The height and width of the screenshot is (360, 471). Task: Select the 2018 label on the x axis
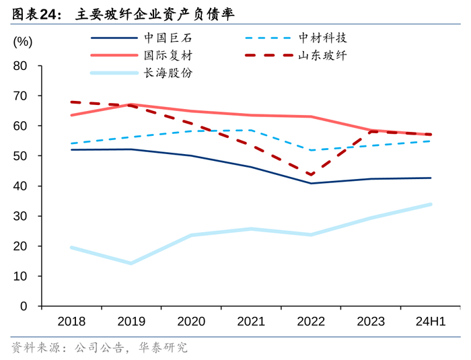[72, 322]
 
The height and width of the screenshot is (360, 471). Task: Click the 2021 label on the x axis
[251, 322]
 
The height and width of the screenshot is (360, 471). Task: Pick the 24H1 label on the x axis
[430, 322]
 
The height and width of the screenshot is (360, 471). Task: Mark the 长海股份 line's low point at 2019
[131, 263]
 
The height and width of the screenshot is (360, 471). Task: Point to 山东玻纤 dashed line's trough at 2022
[310, 175]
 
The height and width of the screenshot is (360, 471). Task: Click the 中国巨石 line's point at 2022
[310, 183]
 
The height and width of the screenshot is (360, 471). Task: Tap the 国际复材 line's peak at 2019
[131, 104]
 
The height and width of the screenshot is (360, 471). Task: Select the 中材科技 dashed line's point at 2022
[310, 150]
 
